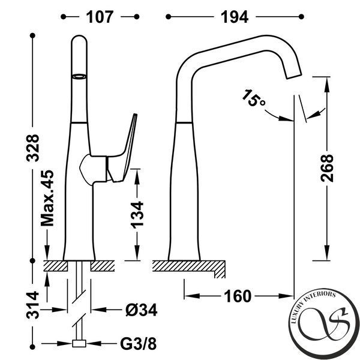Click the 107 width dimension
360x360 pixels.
tap(100, 17)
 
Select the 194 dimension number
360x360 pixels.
tap(235, 17)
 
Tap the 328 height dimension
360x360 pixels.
tap(32, 148)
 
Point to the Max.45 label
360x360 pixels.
tap(47, 198)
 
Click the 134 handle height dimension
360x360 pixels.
tap(137, 215)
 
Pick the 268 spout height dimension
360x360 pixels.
tap(327, 168)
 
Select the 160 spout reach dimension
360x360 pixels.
tap(238, 296)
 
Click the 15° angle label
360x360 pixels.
tap(253, 98)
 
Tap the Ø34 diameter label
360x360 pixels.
tap(142, 310)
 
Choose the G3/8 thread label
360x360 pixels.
tap(138, 344)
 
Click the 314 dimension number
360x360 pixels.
tap(32, 305)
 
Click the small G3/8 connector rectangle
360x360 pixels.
tap(79, 343)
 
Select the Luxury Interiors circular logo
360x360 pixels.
tap(324, 324)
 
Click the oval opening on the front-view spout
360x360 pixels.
tap(79, 76)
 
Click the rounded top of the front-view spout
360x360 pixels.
tap(79, 39)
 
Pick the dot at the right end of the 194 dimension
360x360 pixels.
tap(301, 17)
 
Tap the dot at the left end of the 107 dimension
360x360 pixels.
tap(64, 17)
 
